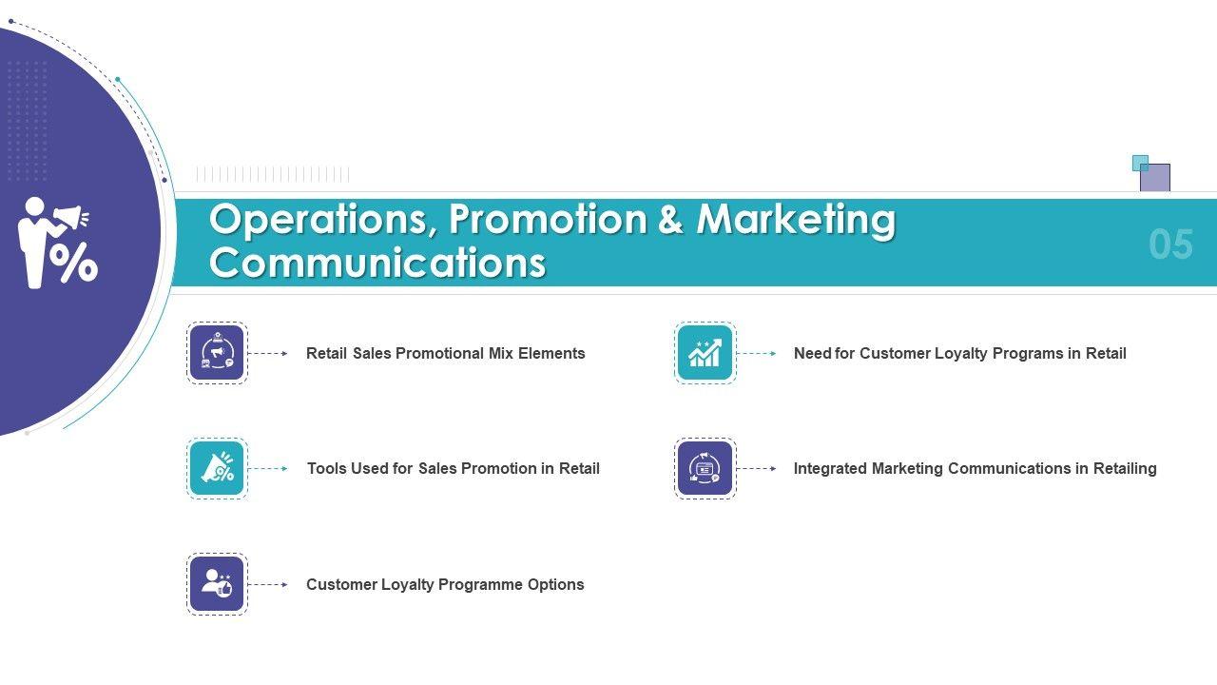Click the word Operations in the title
pos(323,220)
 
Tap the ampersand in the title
pos(671,219)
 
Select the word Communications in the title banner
pos(377,263)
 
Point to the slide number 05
pos(1170,245)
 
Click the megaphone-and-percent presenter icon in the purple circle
pos(58,243)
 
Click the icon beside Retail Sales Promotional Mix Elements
pos(218,353)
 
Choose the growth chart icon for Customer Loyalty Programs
pos(705,353)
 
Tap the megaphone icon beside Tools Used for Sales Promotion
pos(218,469)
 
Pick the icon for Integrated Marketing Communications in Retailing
pos(705,469)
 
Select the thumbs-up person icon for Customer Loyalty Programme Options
pos(218,584)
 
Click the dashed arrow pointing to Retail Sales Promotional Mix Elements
pos(268,353)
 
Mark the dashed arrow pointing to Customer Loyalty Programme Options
pos(268,584)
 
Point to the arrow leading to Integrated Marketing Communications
pos(756,469)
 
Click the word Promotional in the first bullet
pos(439,353)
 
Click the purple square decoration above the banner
pos(1155,178)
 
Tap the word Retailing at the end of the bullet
pos(1125,469)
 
